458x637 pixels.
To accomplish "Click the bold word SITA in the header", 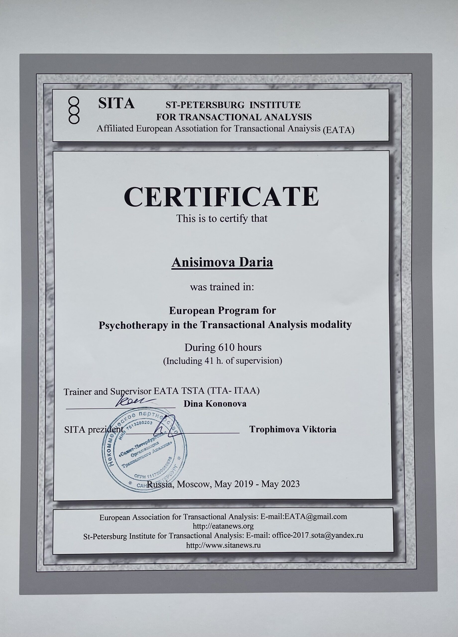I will [116, 103].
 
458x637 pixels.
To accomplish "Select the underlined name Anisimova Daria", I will [222, 263].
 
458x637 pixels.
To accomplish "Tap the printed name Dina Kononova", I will [215, 404].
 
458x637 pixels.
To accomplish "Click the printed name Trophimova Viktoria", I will [292, 429].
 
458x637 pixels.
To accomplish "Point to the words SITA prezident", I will [94, 430].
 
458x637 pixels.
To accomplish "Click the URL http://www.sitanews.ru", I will [223, 545].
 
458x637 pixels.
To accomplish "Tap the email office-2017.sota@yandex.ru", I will [317, 535].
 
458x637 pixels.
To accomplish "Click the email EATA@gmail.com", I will [316, 517].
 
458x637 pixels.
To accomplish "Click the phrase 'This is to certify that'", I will [222, 218].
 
